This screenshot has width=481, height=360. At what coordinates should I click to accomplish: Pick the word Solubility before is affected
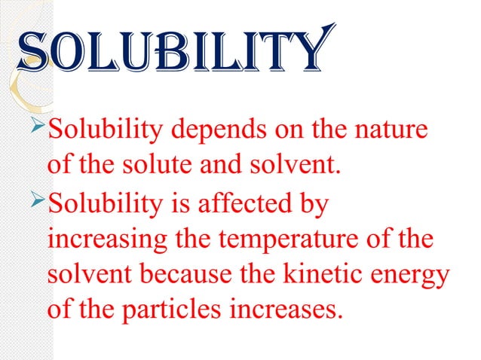(102, 198)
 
